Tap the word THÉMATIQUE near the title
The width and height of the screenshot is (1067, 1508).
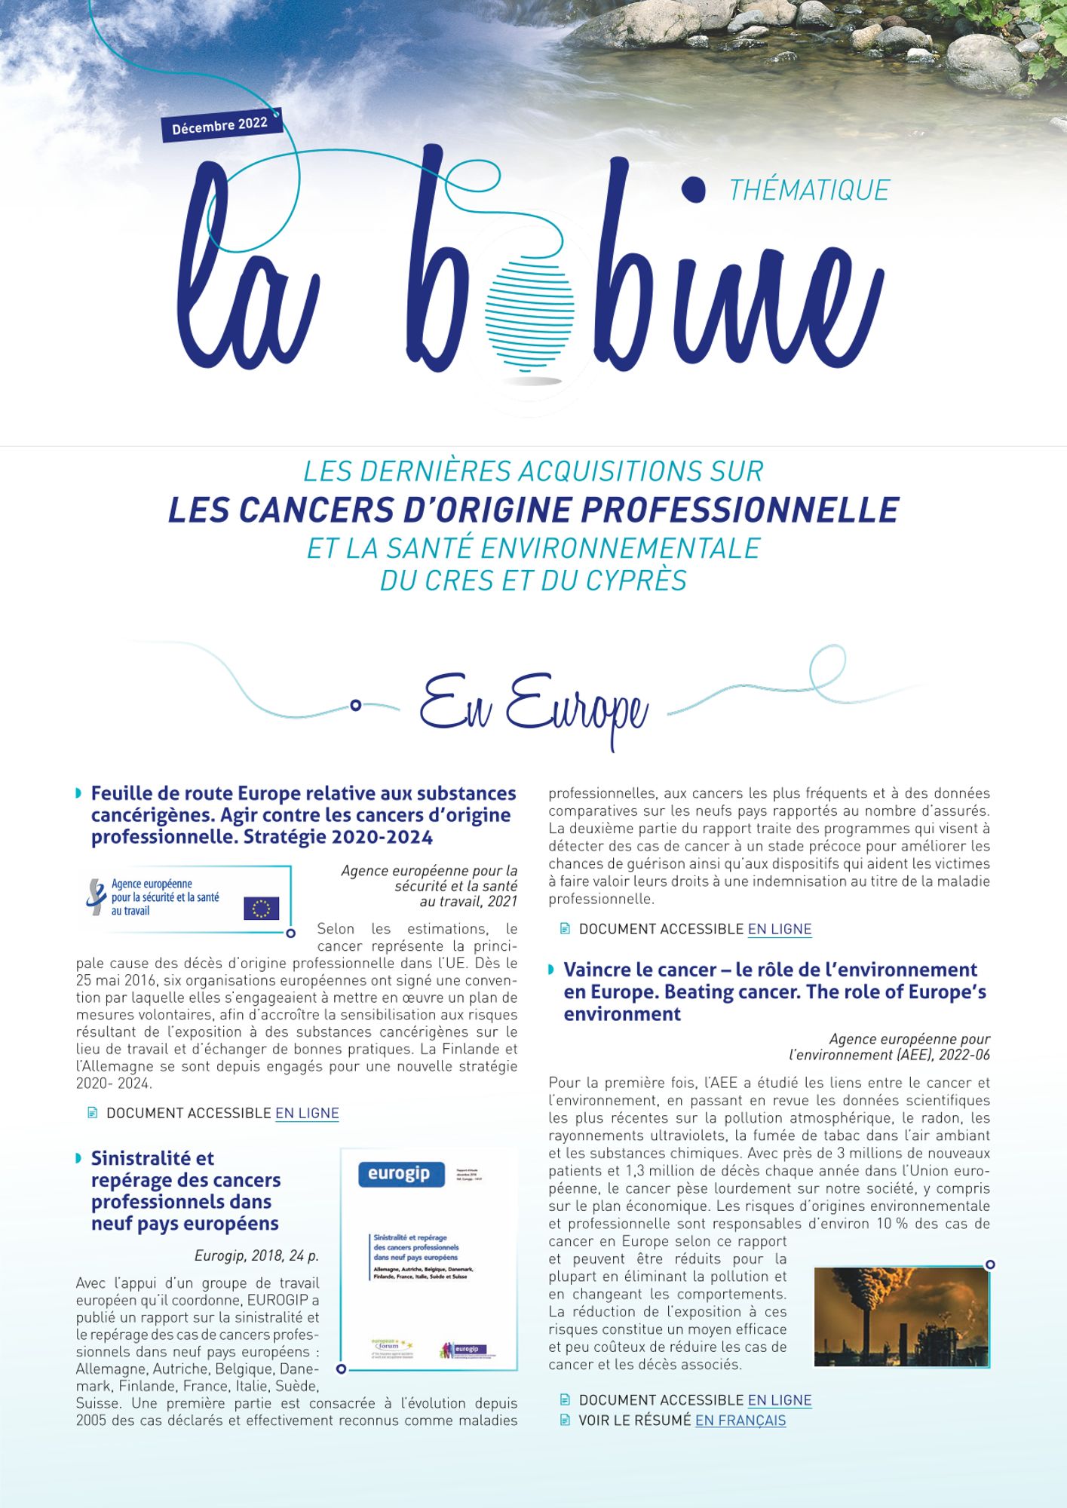coord(809,190)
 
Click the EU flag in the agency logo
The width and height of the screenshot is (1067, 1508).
coord(261,908)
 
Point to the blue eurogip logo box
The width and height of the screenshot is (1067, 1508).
coord(399,1174)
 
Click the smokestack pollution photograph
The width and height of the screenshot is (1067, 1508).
coord(901,1316)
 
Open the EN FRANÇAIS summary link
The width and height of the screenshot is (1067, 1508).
coord(740,1421)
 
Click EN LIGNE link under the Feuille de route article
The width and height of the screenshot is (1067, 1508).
coord(307,1113)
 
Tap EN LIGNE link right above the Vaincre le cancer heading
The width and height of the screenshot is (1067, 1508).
coord(779,929)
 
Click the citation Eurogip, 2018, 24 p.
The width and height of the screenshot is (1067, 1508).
coord(256,1255)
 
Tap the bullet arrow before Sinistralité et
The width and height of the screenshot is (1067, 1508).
coord(79,1158)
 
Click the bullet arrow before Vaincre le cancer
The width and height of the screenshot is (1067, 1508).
coord(552,970)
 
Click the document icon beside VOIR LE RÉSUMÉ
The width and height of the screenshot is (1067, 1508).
coord(565,1421)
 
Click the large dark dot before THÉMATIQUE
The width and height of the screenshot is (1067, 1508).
coord(693,188)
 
